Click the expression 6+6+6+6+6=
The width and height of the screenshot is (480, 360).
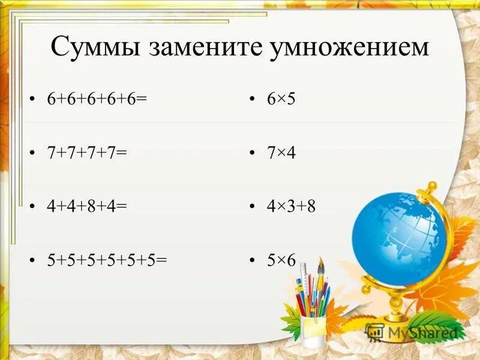[97, 99]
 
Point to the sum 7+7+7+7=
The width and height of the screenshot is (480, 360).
[88, 153]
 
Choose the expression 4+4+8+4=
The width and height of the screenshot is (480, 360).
[88, 206]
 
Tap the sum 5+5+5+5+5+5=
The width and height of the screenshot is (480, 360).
[107, 260]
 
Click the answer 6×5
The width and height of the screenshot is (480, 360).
[281, 99]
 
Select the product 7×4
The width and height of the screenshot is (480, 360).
[281, 153]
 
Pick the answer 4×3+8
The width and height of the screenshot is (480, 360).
[292, 206]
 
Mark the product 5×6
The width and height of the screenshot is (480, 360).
[281, 260]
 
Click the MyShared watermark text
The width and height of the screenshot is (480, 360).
[420, 332]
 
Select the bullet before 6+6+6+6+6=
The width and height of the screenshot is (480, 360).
[32, 100]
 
